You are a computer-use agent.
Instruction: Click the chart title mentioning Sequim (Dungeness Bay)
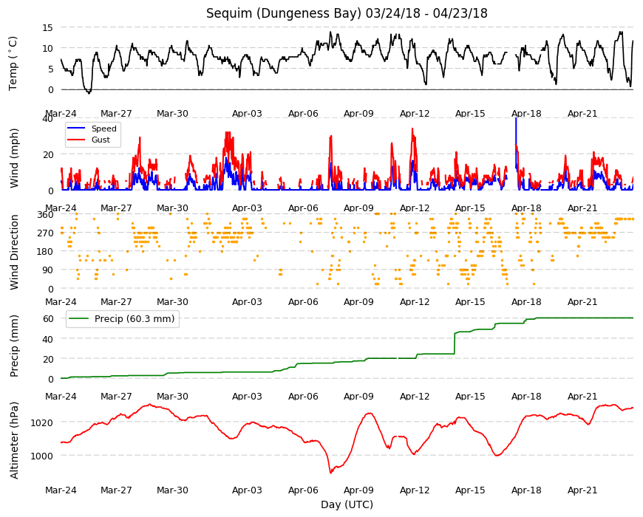coord(347,13)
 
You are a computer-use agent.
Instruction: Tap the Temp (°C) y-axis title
coord(13,63)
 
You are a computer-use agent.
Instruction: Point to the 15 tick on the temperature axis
coord(47,27)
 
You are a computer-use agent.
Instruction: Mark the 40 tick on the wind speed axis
coord(47,118)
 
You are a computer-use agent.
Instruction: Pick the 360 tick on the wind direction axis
coord(45,215)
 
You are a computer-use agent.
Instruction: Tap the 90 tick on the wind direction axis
coord(48,270)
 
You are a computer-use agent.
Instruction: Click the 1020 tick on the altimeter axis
coord(42,422)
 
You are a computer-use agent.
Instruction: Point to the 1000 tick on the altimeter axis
coord(42,456)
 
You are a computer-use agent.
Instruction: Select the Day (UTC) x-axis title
coord(347,504)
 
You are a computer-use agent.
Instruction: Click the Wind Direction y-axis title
coord(14,252)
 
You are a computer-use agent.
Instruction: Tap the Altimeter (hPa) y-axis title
coord(14,440)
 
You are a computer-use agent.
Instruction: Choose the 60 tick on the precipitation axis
coord(48,319)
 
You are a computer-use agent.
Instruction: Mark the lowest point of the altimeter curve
coord(330,473)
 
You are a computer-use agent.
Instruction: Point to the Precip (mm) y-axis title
coord(14,346)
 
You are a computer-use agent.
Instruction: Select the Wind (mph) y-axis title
coord(14,158)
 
